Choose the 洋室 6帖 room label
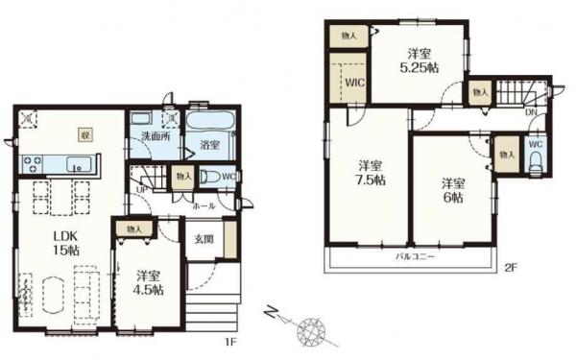pos(453,188)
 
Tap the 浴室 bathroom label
pos(212,145)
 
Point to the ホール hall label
pos(204,204)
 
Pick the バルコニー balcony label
pos(416,258)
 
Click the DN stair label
pos(531,112)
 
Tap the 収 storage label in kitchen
pos(85,134)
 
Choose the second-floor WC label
pos(536,145)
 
